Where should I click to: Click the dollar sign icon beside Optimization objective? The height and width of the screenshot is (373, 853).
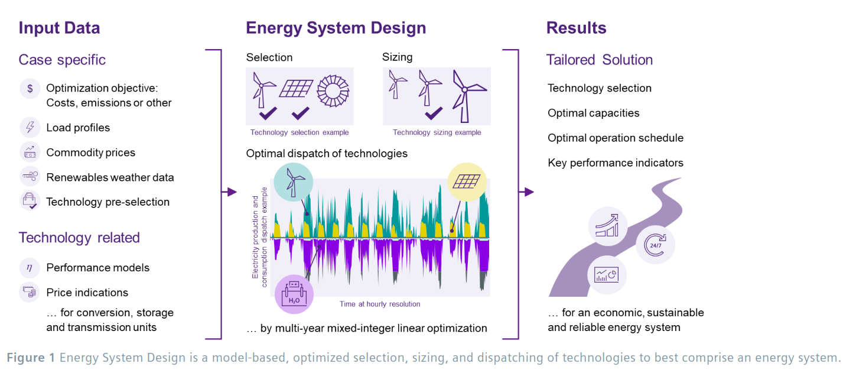[x=30, y=89]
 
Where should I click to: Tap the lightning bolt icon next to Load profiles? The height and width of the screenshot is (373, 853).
[x=30, y=127]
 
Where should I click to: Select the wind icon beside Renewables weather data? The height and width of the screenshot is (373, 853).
[x=30, y=176]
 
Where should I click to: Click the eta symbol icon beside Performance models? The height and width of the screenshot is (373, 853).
[x=30, y=268]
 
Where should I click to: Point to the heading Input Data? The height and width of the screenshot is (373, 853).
[x=60, y=28]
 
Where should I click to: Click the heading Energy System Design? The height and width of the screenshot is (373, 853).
[x=336, y=28]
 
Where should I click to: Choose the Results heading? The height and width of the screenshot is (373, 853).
[x=576, y=28]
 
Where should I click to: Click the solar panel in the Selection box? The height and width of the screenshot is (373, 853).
[x=296, y=89]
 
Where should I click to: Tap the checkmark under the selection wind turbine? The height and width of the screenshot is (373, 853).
[x=268, y=113]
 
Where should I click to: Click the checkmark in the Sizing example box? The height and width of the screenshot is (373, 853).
[x=434, y=113]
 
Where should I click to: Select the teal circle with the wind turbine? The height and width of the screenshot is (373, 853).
[x=293, y=182]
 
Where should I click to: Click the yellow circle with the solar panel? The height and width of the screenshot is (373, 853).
[x=467, y=181]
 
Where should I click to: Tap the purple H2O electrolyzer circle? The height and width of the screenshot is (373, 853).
[x=294, y=294]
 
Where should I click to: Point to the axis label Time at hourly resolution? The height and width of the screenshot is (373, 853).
[x=380, y=304]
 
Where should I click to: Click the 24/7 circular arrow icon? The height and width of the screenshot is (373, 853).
[x=655, y=245]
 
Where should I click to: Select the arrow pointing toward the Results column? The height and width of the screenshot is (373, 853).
[x=526, y=192]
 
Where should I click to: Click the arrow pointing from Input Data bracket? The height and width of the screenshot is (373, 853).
[x=229, y=192]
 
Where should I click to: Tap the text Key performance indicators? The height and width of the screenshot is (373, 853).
[x=616, y=163]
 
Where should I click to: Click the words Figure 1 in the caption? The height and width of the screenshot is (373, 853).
[x=31, y=358]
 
